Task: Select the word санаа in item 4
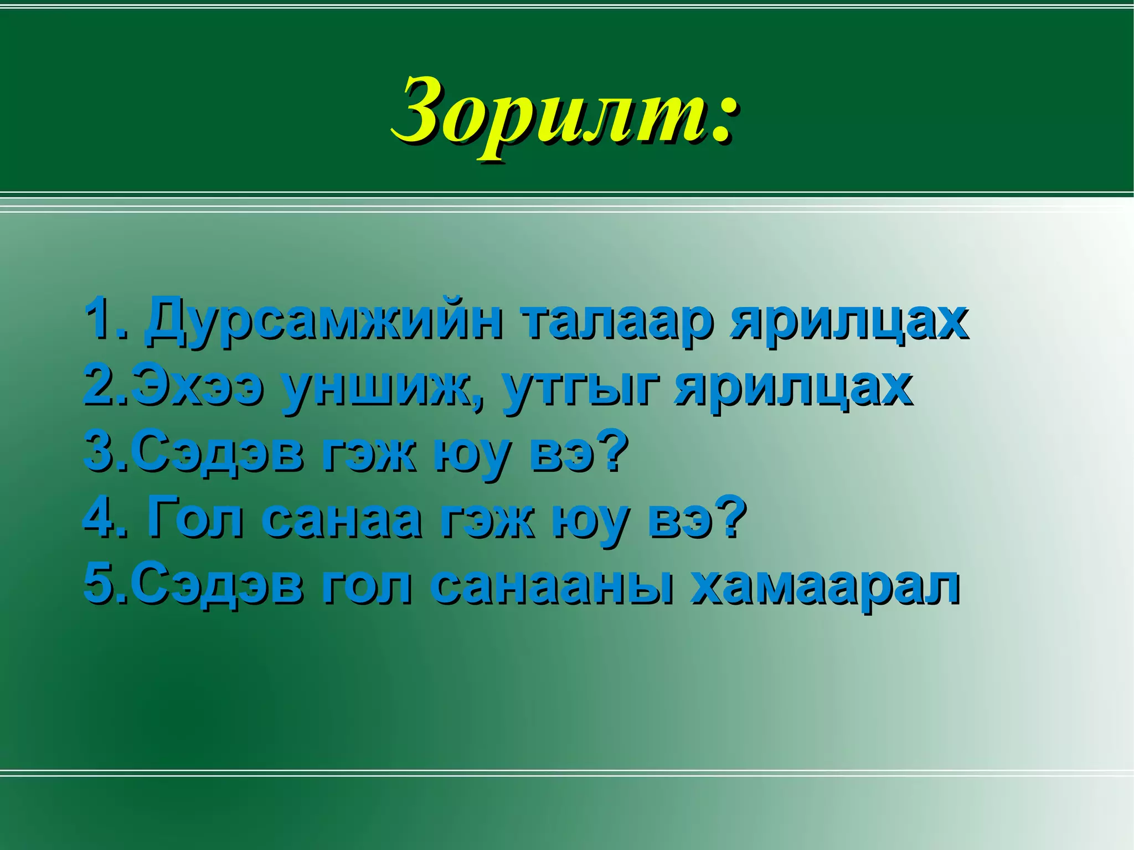341,521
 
